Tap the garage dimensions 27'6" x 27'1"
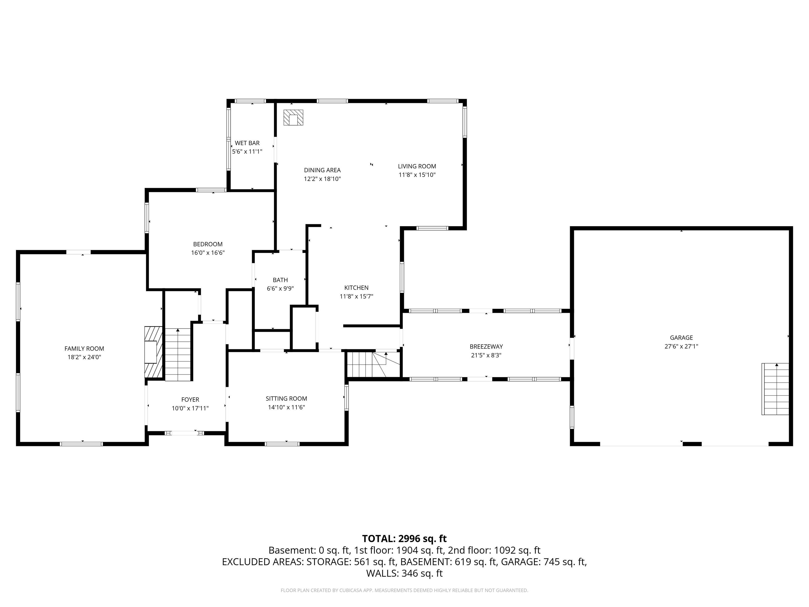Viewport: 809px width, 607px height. pyautogui.click(x=681, y=346)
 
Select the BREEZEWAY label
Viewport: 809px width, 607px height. pyautogui.click(x=486, y=346)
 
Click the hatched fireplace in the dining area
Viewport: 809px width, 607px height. pyautogui.click(x=293, y=118)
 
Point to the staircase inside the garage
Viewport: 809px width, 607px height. pyautogui.click(x=775, y=389)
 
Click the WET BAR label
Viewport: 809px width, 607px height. pyautogui.click(x=247, y=143)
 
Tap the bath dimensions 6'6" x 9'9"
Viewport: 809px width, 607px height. pyautogui.click(x=280, y=288)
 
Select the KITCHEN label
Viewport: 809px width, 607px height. pyautogui.click(x=356, y=288)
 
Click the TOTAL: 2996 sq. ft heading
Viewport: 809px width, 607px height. pyautogui.click(x=404, y=539)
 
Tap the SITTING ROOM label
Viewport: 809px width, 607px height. pyautogui.click(x=286, y=398)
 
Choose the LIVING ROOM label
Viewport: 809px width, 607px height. pyautogui.click(x=417, y=166)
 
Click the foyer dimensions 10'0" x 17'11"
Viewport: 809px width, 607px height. pyautogui.click(x=190, y=408)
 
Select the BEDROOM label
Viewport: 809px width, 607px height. pyautogui.click(x=208, y=244)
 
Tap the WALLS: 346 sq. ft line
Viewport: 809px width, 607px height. pyautogui.click(x=404, y=573)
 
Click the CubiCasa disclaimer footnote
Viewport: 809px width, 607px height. pyautogui.click(x=404, y=590)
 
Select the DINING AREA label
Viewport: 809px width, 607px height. pyautogui.click(x=322, y=170)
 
